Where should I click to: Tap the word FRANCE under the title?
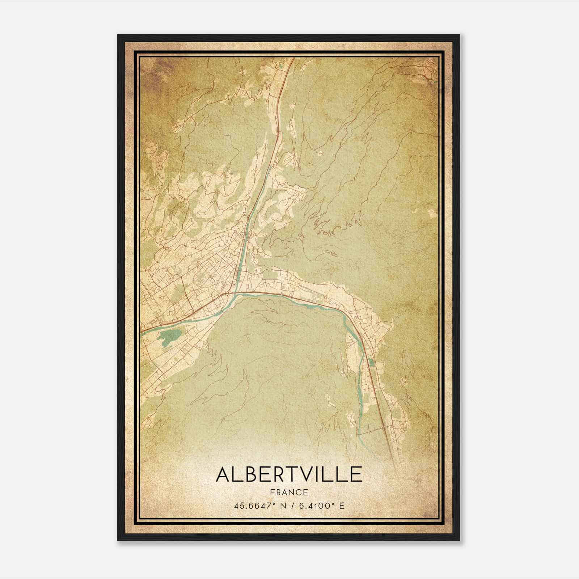pos(289,493)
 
